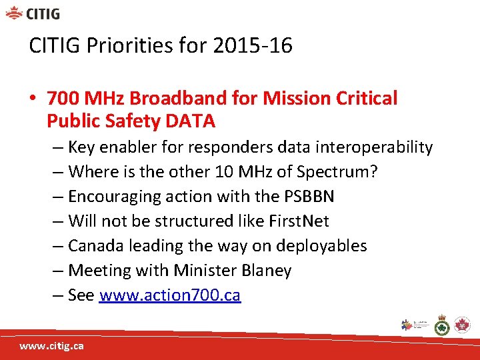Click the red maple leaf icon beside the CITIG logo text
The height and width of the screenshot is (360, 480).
[14, 13]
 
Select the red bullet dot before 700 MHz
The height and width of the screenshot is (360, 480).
[33, 99]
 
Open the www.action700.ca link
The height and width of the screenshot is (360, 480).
[169, 295]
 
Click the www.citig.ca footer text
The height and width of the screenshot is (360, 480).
[51, 346]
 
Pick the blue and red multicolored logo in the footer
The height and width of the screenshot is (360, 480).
[408, 325]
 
